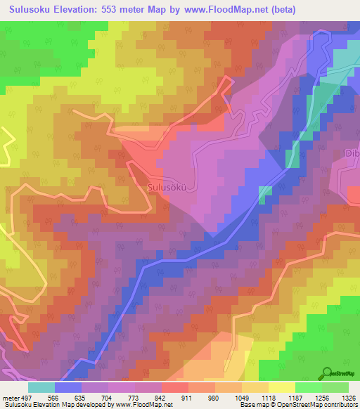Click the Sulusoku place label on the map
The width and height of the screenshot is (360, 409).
(x=167, y=188)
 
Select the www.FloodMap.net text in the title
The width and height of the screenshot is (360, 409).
(x=217, y=10)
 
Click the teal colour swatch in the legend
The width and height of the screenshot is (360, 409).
(x=41, y=387)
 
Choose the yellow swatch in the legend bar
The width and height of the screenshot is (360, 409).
(x=282, y=387)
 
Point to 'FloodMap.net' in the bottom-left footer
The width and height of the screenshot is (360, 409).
(x=152, y=405)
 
